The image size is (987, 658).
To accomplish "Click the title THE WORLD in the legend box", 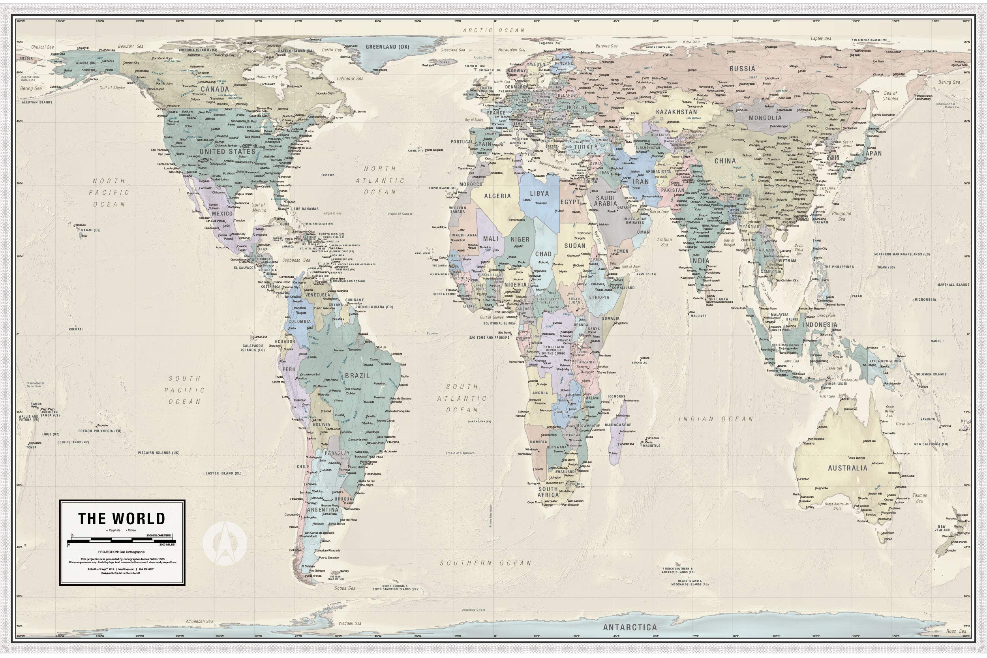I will (122, 519).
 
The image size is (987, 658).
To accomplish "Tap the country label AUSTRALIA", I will (847, 468).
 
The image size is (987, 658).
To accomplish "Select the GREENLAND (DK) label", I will (381, 47).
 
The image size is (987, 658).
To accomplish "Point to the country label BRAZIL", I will (357, 376).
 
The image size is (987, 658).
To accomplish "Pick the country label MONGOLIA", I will (765, 118).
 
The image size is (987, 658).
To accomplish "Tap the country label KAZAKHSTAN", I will (676, 112).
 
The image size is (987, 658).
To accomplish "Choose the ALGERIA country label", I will (497, 196).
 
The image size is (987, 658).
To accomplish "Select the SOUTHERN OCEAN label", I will (485, 563).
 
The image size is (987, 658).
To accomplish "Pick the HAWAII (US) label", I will (91, 231).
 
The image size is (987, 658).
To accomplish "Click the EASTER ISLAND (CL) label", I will (223, 473).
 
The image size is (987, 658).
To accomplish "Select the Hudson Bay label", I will (267, 77).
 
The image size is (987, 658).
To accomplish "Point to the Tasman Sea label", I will (919, 498).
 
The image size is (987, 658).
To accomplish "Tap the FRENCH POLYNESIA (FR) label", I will (99, 431).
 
